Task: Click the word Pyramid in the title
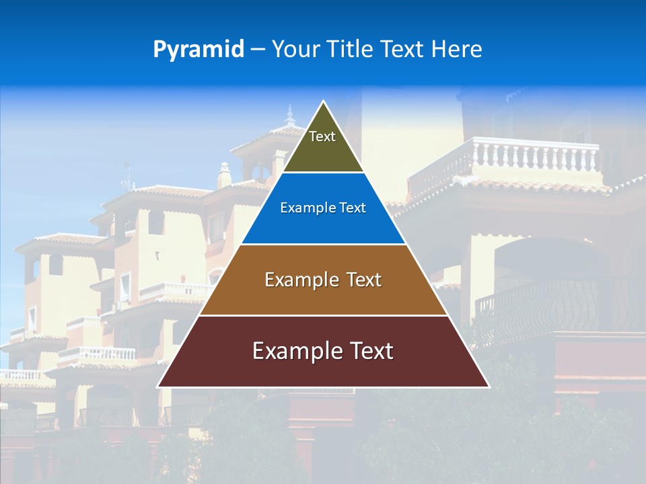(199, 50)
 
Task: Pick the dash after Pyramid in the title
(258, 50)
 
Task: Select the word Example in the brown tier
(301, 280)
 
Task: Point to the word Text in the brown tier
(365, 280)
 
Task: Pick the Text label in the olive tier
(322, 136)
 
